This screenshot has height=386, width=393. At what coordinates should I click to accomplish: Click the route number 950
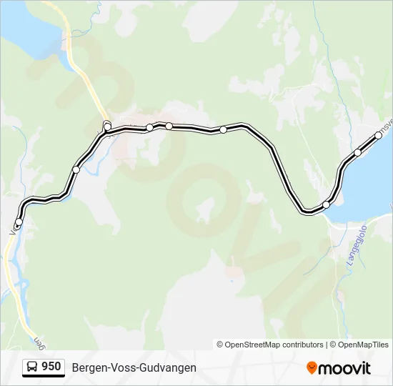click(51, 367)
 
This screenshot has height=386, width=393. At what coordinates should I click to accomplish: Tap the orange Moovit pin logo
click(312, 367)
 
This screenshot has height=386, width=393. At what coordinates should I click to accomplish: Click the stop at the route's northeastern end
click(379, 135)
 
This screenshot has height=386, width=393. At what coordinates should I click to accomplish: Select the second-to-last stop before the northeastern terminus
click(358, 152)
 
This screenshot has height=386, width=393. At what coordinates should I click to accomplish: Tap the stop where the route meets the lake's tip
click(327, 204)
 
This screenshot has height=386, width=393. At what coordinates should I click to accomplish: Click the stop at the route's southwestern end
click(18, 222)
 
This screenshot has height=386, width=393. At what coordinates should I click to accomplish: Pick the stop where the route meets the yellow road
click(107, 127)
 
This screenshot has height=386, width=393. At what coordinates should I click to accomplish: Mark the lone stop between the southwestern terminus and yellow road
click(76, 169)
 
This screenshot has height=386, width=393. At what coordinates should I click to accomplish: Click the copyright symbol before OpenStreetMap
click(220, 345)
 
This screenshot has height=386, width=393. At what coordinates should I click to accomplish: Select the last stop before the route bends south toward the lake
click(223, 129)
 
